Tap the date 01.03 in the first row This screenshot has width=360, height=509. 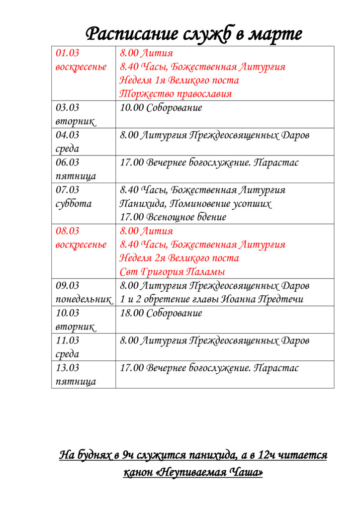pos(68,53)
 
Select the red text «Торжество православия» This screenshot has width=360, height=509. pos(176,93)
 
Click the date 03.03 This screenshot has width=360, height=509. pos(68,107)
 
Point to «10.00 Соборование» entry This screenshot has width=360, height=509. pos(161,107)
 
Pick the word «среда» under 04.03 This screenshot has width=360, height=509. pos(67,149)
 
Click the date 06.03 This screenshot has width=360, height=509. pos(68,162)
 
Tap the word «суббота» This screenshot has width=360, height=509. pos(74,203)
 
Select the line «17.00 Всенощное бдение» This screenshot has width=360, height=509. pos(173,217)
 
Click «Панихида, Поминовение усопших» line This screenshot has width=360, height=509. pos(196,203)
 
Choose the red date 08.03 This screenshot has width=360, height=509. pos(68,231)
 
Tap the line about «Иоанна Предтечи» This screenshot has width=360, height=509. pos(211,299)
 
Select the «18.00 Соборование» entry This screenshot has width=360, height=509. pos(161,313)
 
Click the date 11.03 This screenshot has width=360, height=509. pos(68,340)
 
